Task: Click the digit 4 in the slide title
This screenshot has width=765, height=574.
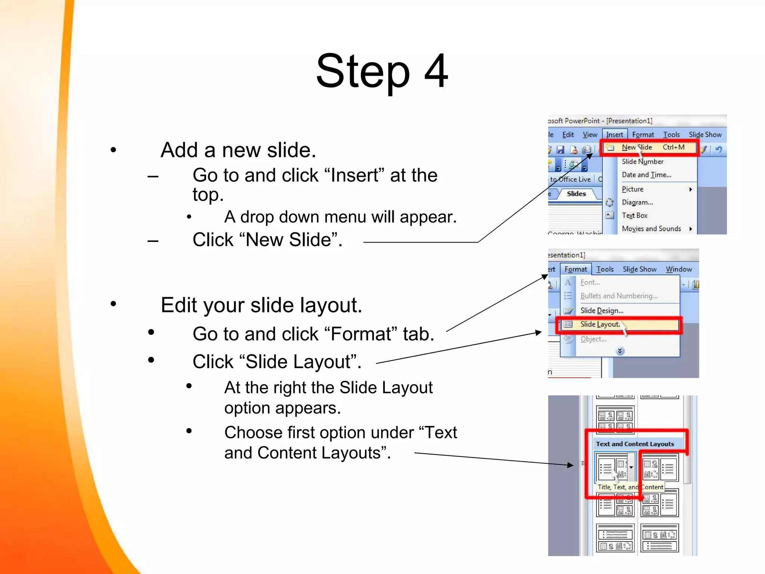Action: pos(436,71)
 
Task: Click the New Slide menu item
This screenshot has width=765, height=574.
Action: pos(637,148)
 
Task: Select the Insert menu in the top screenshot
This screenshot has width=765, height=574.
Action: pos(614,135)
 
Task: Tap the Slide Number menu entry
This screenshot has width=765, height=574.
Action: pos(642,161)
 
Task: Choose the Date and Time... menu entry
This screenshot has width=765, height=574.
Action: pos(646,175)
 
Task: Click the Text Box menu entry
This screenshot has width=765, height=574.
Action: pos(635,216)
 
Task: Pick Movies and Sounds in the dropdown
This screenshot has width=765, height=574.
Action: pos(651,229)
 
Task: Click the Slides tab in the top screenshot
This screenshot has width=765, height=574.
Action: pos(576,194)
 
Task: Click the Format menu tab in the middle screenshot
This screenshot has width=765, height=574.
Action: pos(576,269)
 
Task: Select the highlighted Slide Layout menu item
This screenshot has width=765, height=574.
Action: pos(600,324)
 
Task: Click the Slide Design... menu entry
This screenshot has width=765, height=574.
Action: pos(601,311)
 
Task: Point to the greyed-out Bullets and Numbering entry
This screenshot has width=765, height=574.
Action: pos(619,296)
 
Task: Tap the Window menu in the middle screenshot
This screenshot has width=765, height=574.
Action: pos(679,269)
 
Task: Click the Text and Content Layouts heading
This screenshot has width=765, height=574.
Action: pos(635,444)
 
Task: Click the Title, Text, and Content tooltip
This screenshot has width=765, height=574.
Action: pos(630,487)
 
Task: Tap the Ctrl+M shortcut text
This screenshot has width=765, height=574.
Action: pos(673,147)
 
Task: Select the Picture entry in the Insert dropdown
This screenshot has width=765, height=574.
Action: pos(632,189)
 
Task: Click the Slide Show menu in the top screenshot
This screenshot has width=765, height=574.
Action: pos(705,135)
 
